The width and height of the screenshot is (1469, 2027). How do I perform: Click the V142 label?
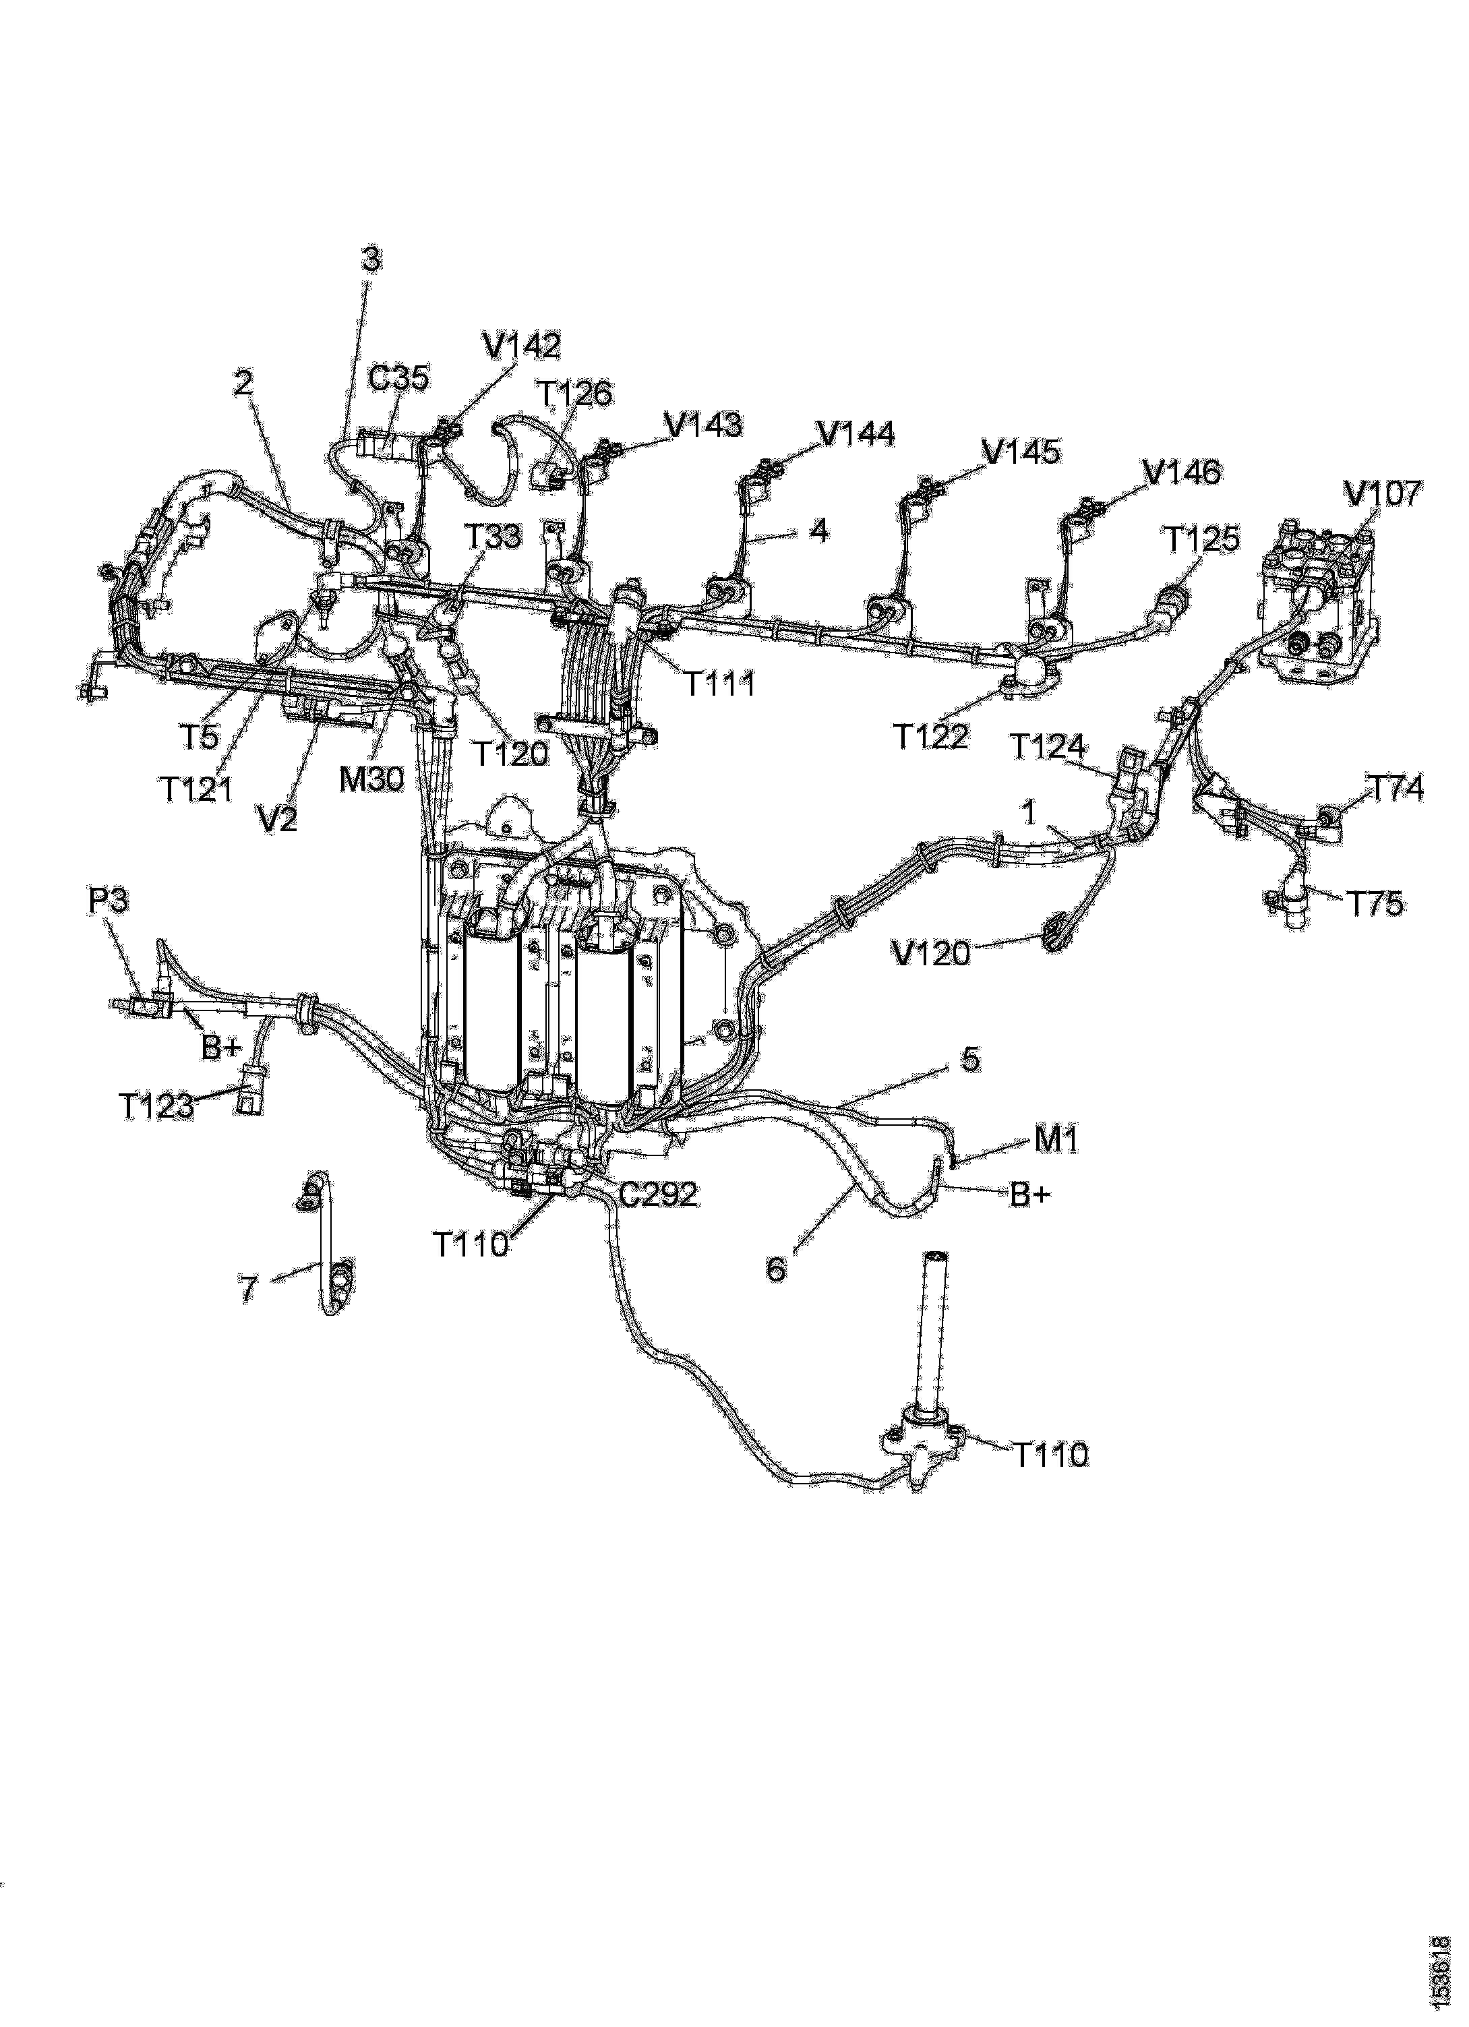521,345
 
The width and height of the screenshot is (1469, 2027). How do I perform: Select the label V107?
1381,493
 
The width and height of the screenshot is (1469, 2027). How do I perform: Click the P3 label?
107,900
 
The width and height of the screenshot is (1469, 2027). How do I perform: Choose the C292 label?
658,1194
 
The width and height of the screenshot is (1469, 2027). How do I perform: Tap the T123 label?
156,1106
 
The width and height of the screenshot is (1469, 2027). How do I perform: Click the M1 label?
1056,1139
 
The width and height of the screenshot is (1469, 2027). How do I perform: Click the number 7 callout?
249,1289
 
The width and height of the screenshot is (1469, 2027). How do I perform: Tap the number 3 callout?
371,259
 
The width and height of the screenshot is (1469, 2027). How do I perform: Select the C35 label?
398,378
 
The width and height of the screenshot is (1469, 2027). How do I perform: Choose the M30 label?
371,779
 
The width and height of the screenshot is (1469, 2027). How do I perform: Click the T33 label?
493,535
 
